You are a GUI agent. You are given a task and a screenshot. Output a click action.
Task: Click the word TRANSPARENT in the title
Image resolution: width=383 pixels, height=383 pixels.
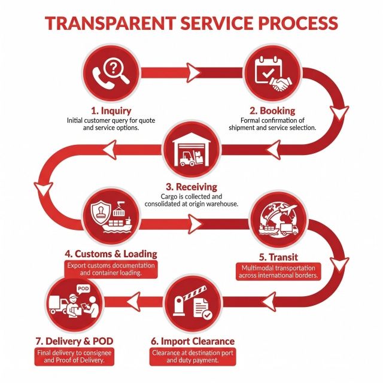pyautogui.click(x=111, y=23)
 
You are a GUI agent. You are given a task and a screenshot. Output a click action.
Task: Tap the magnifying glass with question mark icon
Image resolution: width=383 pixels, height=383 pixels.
pyautogui.click(x=116, y=70)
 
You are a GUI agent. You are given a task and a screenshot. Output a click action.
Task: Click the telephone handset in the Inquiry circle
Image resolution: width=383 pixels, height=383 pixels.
pyautogui.click(x=102, y=78)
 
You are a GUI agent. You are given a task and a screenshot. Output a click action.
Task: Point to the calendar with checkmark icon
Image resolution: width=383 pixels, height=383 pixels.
pyautogui.click(x=269, y=69)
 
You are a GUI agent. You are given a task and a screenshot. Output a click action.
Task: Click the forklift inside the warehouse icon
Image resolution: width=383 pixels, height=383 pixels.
pyautogui.click(x=187, y=159)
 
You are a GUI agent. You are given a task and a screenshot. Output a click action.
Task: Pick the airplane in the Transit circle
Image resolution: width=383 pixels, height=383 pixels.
pyautogui.click(x=288, y=209)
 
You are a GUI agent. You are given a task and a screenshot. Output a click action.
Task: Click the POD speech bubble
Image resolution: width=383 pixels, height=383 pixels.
pyautogui.click(x=83, y=289)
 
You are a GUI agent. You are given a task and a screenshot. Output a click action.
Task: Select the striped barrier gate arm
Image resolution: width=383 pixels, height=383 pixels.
pyautogui.click(x=195, y=293)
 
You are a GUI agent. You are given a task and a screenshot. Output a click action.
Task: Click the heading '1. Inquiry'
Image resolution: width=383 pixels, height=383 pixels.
pyautogui.click(x=111, y=111)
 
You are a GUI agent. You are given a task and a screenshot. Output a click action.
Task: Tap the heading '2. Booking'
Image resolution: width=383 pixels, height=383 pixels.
pyautogui.click(x=272, y=111)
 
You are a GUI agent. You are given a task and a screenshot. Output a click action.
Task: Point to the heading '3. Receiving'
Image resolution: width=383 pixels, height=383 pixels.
pyautogui.click(x=191, y=187)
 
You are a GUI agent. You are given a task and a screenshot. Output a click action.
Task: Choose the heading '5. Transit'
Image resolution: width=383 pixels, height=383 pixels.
pyautogui.click(x=278, y=257)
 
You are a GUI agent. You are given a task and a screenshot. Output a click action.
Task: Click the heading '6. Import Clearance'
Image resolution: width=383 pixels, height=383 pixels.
pyautogui.click(x=193, y=341)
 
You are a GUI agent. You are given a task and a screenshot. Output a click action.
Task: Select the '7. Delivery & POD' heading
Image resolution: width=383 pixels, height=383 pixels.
pyautogui.click(x=74, y=341)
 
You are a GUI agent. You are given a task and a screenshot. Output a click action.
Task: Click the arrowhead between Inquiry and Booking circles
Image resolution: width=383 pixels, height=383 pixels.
pyautogui.click(x=193, y=73)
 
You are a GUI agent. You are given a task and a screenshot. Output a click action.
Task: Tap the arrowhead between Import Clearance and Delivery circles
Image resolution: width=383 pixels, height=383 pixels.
pyautogui.click(x=134, y=302)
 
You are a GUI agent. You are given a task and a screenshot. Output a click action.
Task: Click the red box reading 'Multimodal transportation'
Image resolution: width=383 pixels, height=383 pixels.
pyautogui.click(x=278, y=272)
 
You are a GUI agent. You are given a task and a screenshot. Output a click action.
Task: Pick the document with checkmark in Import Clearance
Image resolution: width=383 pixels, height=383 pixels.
pyautogui.click(x=202, y=309)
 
